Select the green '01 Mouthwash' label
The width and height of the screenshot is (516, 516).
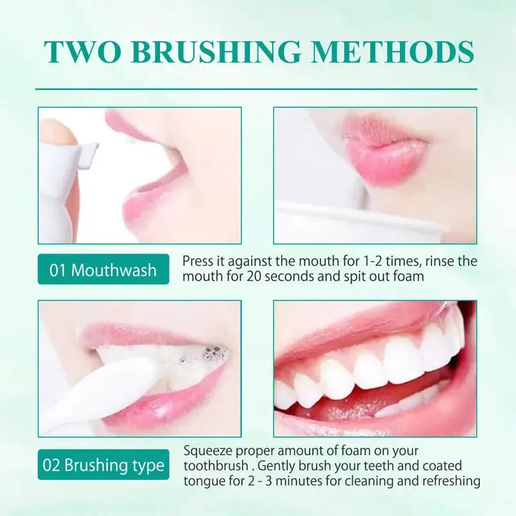tap(103, 270)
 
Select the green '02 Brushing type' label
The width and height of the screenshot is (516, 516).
tap(103, 465)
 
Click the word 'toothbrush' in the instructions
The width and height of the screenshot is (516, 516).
tap(214, 466)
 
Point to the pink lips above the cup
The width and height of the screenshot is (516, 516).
tap(384, 152)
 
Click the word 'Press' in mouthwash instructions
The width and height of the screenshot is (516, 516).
tap(197, 261)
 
